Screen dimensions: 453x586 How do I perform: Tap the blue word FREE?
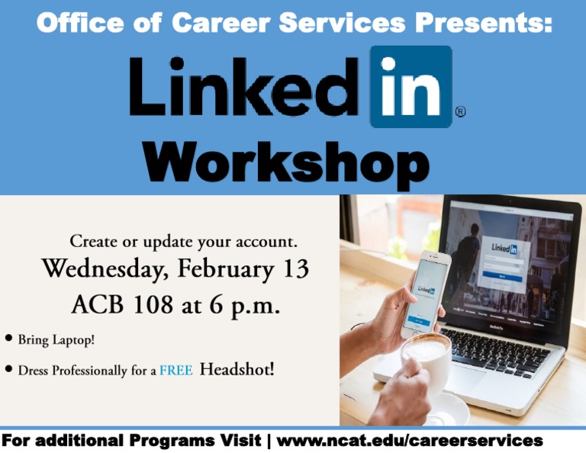coord(175,371)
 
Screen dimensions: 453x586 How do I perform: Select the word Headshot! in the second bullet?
coord(237,370)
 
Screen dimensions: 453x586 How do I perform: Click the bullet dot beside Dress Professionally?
coord(8,370)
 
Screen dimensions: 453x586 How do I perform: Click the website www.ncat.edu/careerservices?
coord(410,441)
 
